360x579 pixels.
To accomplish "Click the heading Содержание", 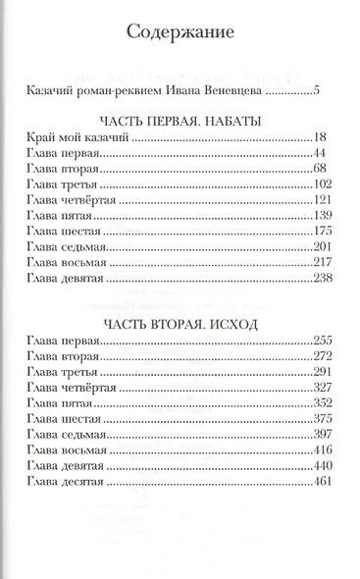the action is coord(180,34).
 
